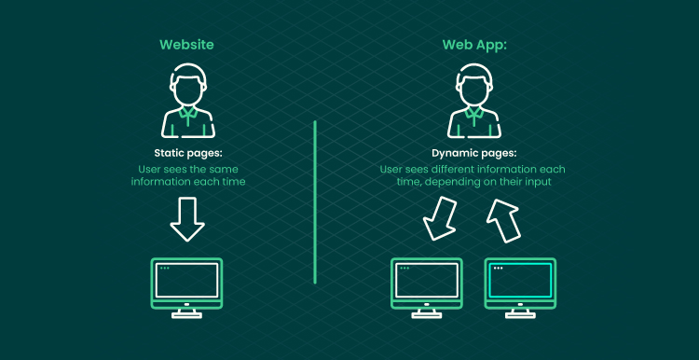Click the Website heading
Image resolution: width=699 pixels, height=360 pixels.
point(186,45)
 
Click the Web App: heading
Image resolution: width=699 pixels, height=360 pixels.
point(473,45)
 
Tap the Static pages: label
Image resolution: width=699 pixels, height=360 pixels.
point(187,154)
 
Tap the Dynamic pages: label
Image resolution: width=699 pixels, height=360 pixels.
point(473,154)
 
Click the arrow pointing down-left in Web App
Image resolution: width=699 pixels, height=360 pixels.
point(439,218)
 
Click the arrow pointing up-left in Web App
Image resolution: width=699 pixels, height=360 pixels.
point(503,220)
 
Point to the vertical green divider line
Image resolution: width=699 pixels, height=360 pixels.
point(315,201)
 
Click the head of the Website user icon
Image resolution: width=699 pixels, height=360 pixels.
point(187,86)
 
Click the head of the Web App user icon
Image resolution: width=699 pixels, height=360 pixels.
point(473,86)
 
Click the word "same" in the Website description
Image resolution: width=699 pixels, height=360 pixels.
point(226,170)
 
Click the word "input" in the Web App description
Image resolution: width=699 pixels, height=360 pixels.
point(538,183)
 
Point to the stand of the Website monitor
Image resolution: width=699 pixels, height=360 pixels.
point(186,313)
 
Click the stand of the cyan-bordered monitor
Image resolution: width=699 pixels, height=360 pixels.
point(520,313)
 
